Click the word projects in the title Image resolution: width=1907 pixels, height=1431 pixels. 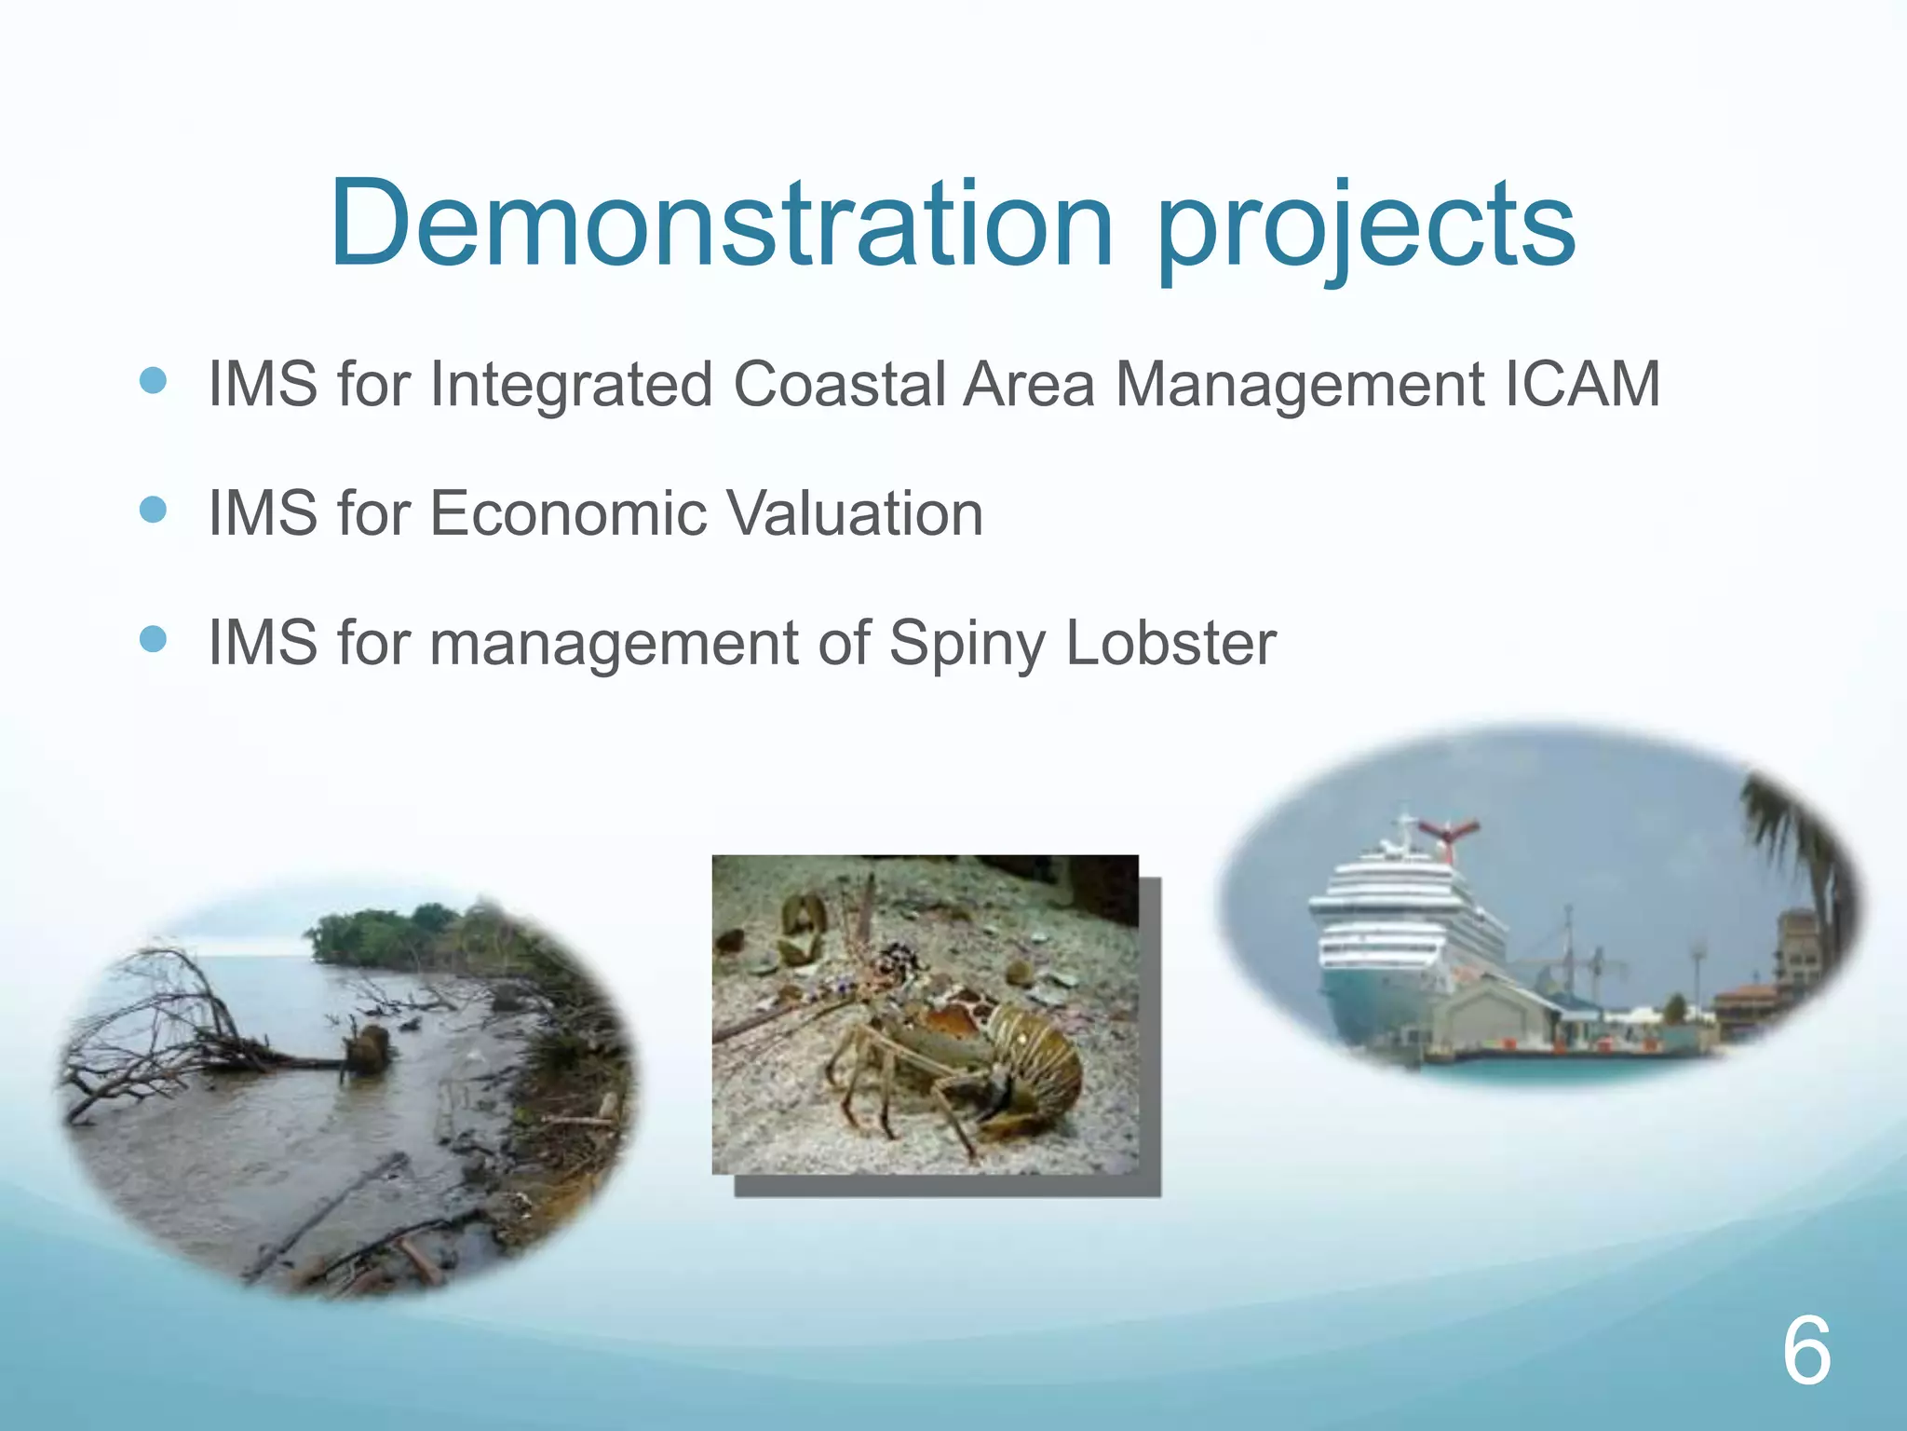pyautogui.click(x=1366, y=228)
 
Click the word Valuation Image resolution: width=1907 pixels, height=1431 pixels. pyautogui.click(x=854, y=513)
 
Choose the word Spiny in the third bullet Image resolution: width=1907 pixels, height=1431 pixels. pyautogui.click(x=967, y=645)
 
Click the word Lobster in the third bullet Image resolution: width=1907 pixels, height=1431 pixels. pyautogui.click(x=1170, y=643)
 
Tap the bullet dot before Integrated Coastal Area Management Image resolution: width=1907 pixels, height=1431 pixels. pyautogui.click(x=153, y=380)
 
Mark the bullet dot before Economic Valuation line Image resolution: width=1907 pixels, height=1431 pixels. pyautogui.click(x=153, y=510)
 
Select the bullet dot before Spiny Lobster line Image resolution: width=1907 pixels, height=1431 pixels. pyautogui.click(x=153, y=639)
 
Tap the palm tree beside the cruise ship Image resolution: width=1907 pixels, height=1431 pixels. pyautogui.click(x=1792, y=838)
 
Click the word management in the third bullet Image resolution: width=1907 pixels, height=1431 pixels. pyautogui.click(x=614, y=645)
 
